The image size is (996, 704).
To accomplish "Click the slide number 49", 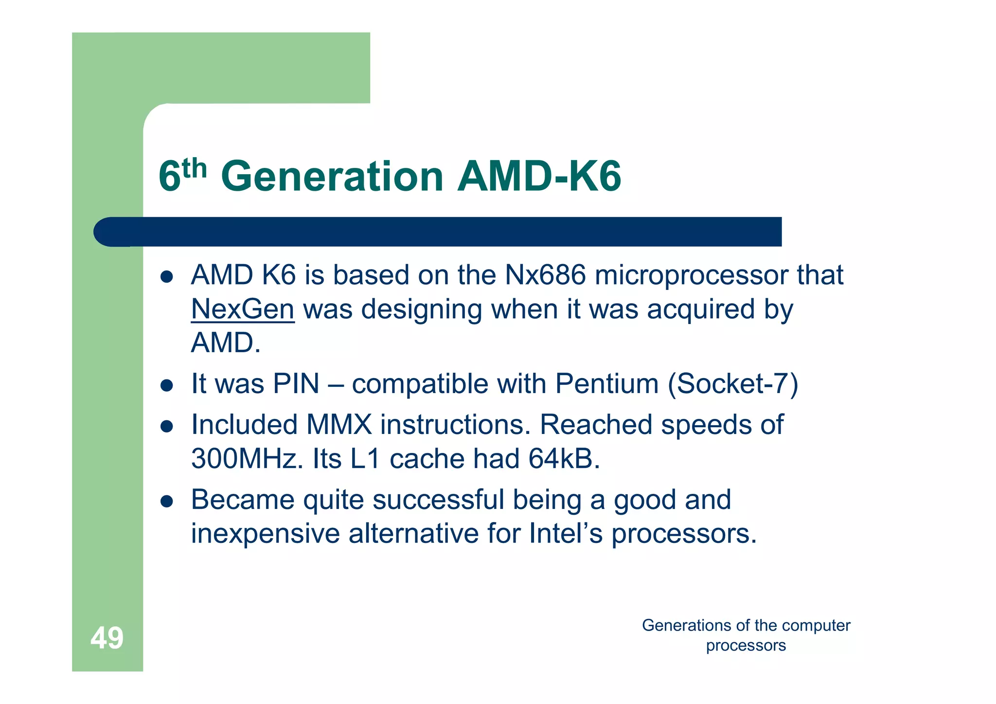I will pos(107,638).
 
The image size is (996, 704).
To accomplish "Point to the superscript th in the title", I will pos(195,168).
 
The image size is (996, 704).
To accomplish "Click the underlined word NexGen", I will pos(243,309).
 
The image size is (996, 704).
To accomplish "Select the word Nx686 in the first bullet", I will pos(545,275).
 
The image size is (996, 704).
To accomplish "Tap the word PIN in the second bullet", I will pos(296,384).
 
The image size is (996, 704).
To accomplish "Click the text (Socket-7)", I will pos(733,384).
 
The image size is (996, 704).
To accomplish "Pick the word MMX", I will pos(338,425).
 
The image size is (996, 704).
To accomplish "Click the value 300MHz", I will pos(247,459).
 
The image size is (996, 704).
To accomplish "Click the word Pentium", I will pos(606,384).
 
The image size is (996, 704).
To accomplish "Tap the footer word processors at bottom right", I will pos(746,646).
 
